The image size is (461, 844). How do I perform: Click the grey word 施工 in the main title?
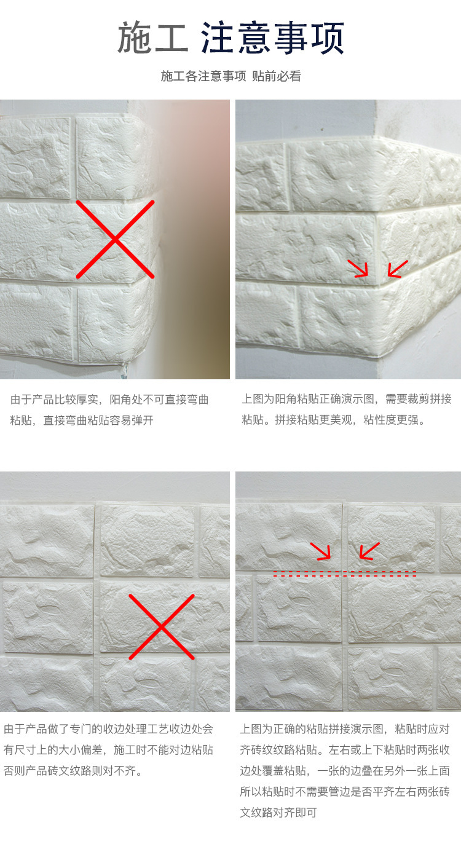pyautogui.click(x=152, y=37)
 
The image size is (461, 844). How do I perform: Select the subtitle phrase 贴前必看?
pyautogui.click(x=277, y=76)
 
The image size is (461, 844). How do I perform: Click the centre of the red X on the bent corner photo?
pyautogui.click(x=116, y=239)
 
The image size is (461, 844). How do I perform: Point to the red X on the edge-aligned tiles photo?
pyautogui.click(x=162, y=626)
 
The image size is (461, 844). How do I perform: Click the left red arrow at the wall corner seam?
pyautogui.click(x=358, y=268)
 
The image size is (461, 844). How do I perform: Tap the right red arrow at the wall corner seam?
pyautogui.click(x=398, y=269)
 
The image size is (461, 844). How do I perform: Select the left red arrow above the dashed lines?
pyautogui.click(x=320, y=551)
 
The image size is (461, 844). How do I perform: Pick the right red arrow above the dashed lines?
pyautogui.click(x=369, y=551)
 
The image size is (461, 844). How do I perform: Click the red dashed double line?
pyautogui.click(x=345, y=574)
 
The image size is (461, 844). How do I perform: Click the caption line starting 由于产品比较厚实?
pyautogui.click(x=109, y=400)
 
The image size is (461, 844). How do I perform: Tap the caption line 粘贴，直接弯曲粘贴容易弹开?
pyautogui.click(x=82, y=420)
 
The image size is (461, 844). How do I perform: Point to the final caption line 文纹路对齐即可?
pyautogui.click(x=278, y=813)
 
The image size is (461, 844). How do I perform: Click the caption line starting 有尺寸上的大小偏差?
pyautogui.click(x=108, y=750)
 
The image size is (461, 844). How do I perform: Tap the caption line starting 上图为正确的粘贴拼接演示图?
pyautogui.click(x=345, y=729)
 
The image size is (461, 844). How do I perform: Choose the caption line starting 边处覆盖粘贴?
pyautogui.click(x=345, y=770)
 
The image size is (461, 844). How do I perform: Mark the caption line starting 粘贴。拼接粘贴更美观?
pyautogui.click(x=334, y=419)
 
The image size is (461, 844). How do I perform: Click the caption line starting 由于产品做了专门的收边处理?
pyautogui.click(x=108, y=729)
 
